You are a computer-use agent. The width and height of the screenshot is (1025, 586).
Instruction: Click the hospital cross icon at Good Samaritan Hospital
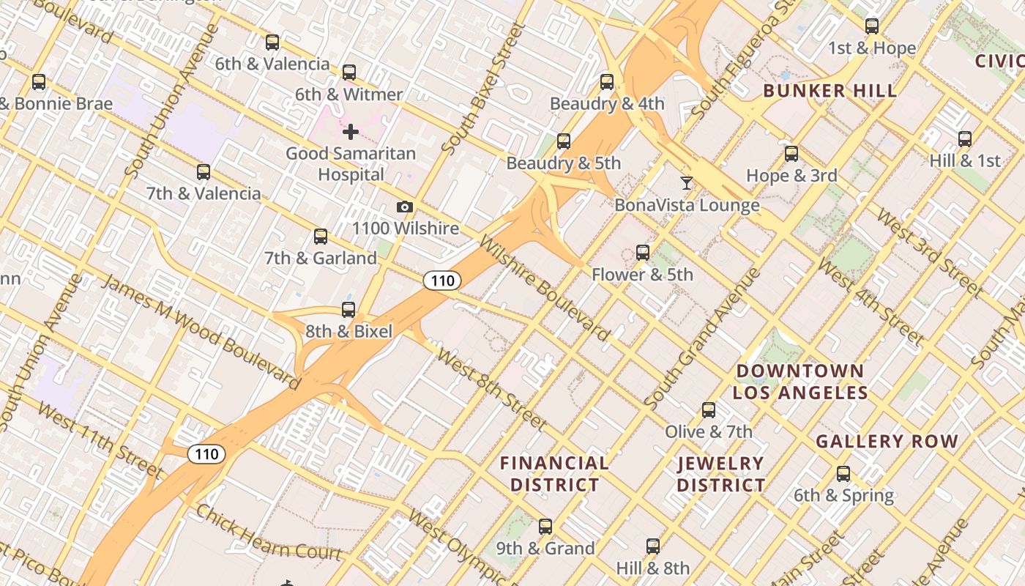[351, 132]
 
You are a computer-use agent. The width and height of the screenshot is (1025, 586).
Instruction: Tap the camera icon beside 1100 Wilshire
[405, 207]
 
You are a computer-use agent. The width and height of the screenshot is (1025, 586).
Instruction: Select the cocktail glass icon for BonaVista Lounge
[686, 183]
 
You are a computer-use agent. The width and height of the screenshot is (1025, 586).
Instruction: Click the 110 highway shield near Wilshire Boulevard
[442, 280]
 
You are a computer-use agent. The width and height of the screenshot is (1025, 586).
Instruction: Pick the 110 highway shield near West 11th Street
[206, 454]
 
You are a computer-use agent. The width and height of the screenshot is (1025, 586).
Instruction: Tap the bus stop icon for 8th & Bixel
[348, 310]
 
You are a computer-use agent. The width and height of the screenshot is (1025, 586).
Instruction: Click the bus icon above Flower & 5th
[642, 253]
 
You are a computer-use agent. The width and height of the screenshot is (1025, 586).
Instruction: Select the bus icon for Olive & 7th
[708, 410]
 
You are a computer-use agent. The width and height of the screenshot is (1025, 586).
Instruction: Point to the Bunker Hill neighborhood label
[830, 92]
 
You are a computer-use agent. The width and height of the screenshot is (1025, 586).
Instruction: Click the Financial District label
[554, 474]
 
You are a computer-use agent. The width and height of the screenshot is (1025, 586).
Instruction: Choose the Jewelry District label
[721, 474]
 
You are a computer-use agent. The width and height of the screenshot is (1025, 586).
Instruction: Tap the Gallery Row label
[887, 442]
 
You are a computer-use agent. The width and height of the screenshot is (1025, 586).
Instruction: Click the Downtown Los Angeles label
[800, 382]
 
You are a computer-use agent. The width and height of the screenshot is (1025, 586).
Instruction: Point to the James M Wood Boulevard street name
[201, 332]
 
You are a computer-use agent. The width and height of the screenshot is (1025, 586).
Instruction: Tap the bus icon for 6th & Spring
[843, 474]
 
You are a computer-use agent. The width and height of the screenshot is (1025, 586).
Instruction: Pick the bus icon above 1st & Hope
[871, 26]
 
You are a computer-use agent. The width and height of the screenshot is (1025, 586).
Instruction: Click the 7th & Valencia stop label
[204, 194]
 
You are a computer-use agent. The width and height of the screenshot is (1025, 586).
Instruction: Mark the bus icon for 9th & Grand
[545, 527]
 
